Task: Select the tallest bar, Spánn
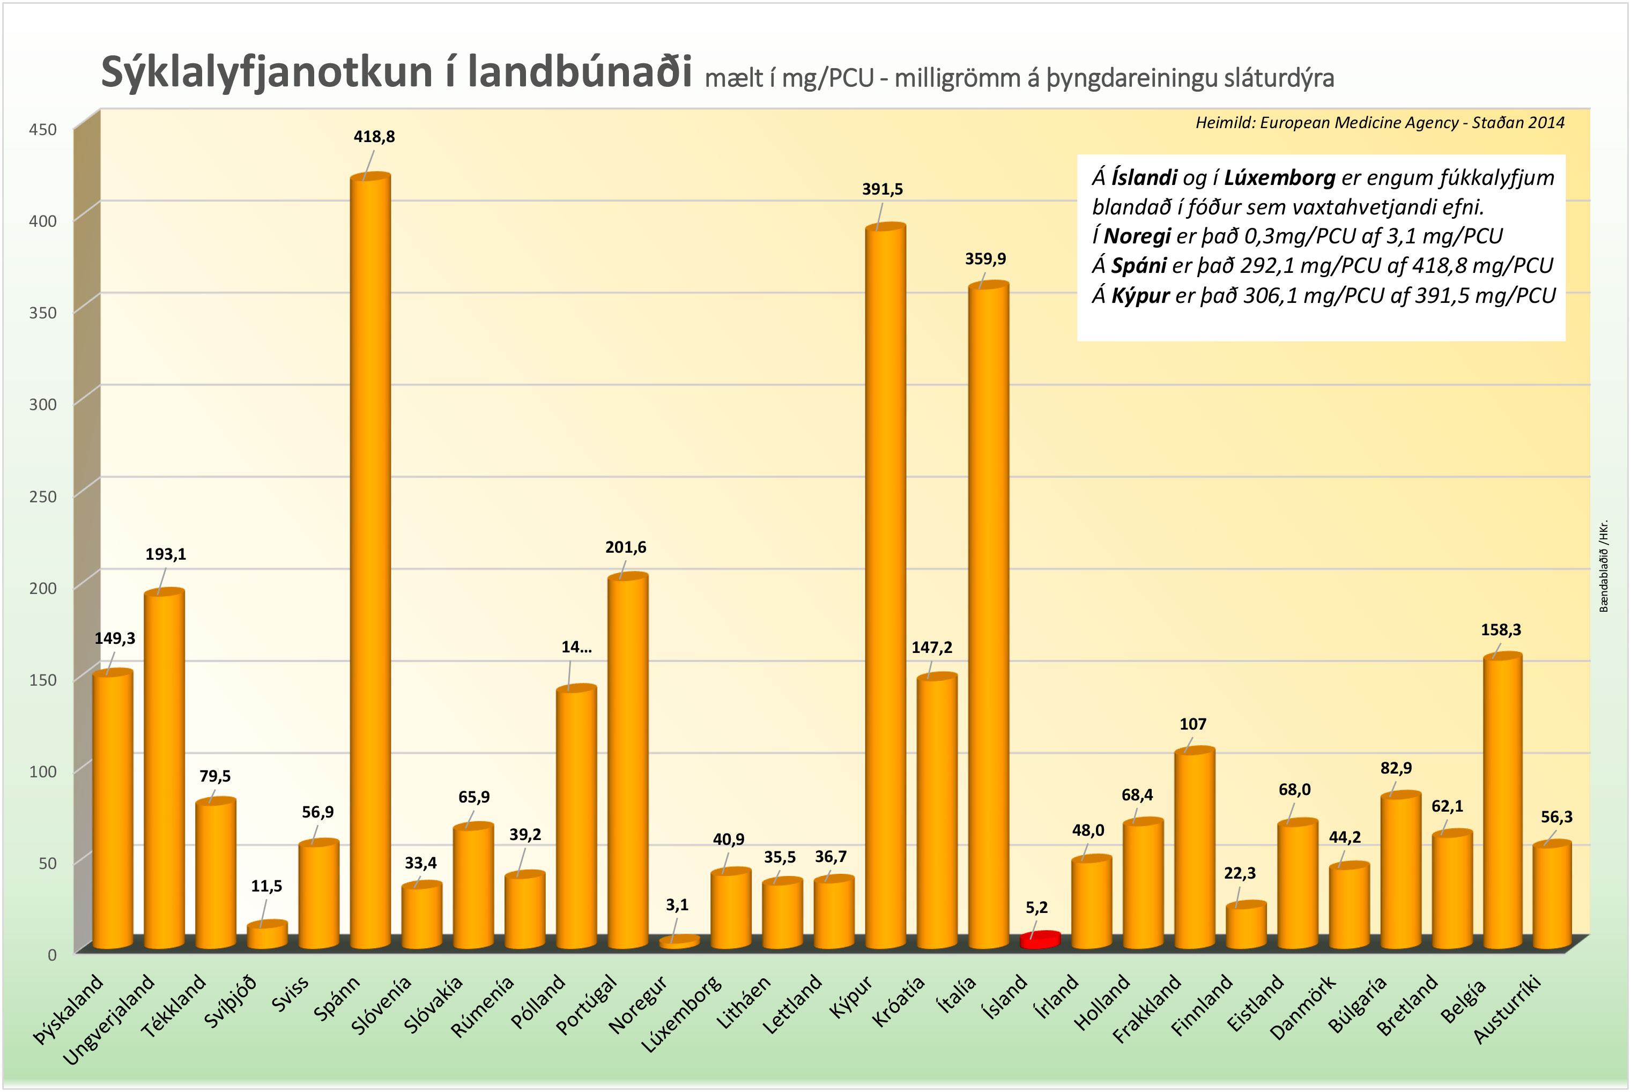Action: [370, 557]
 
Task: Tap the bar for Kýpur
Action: [885, 585]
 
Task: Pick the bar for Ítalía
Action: [988, 613]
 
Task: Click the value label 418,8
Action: [374, 137]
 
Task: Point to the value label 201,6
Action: [625, 547]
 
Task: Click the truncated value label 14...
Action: [576, 647]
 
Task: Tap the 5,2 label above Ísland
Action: [1036, 908]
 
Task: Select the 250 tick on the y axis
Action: [42, 496]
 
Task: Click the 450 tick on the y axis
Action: [42, 130]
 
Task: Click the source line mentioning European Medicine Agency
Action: [1380, 123]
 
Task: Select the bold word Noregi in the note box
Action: [1137, 236]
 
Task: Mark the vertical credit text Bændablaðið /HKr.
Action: [1603, 566]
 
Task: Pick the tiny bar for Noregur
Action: [679, 941]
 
